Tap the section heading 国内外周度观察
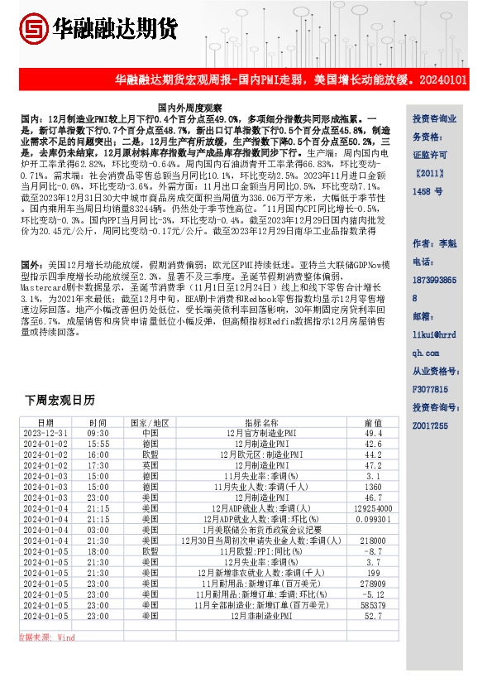pyautogui.click(x=190, y=108)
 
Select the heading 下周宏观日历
pyautogui.click(x=60, y=400)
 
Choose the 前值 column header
pyautogui.click(x=373, y=422)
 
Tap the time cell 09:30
pyautogui.click(x=98, y=433)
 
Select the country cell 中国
pyautogui.click(x=150, y=433)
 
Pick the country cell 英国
pyautogui.click(x=150, y=465)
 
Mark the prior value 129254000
pyautogui.click(x=373, y=508)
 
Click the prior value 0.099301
pyautogui.click(x=373, y=519)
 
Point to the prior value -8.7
pyautogui.click(x=373, y=551)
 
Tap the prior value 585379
pyautogui.click(x=373, y=605)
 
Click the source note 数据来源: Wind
pyautogui.click(x=46, y=637)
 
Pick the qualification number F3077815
pyautogui.click(x=430, y=388)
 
